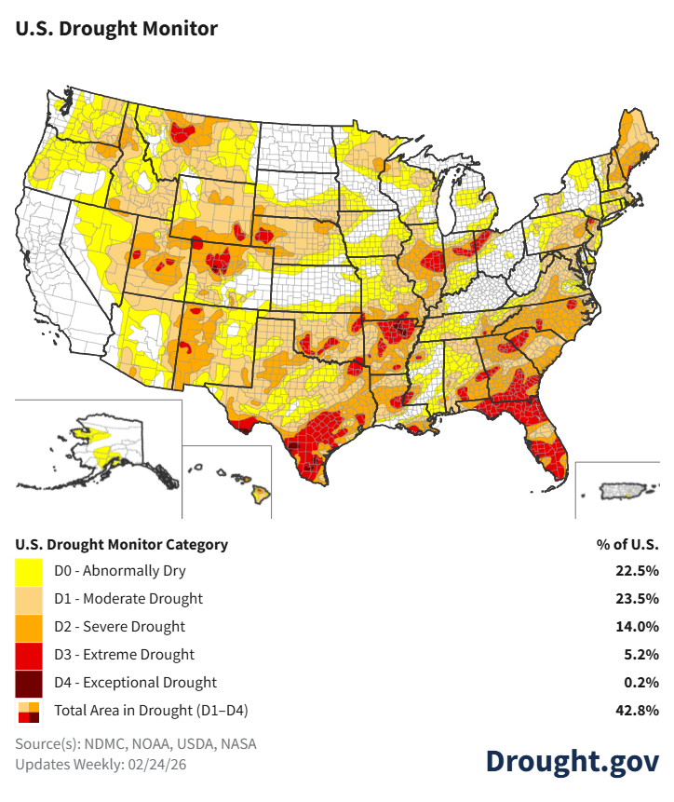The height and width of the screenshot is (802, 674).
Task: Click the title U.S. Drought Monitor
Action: (116, 28)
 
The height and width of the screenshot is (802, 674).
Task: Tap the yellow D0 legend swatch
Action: (28, 571)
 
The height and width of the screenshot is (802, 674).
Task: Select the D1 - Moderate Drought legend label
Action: (128, 598)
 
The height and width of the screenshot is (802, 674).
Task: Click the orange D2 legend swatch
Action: (28, 627)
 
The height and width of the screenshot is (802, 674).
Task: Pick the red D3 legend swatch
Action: (28, 655)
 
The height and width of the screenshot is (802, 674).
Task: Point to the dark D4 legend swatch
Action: (28, 683)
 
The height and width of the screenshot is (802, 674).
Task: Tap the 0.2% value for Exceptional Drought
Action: (641, 682)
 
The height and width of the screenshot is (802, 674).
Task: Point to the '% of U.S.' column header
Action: (627, 544)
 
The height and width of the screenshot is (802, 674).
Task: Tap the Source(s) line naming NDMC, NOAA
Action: (136, 744)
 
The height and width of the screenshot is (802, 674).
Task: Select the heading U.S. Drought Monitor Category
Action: (121, 544)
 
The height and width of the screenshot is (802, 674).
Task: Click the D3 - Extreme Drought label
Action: (125, 654)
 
